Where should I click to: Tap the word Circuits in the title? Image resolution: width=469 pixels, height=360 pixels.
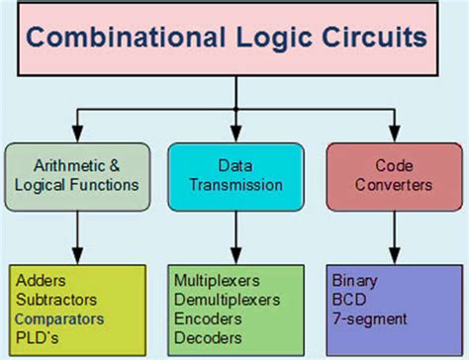371,39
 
